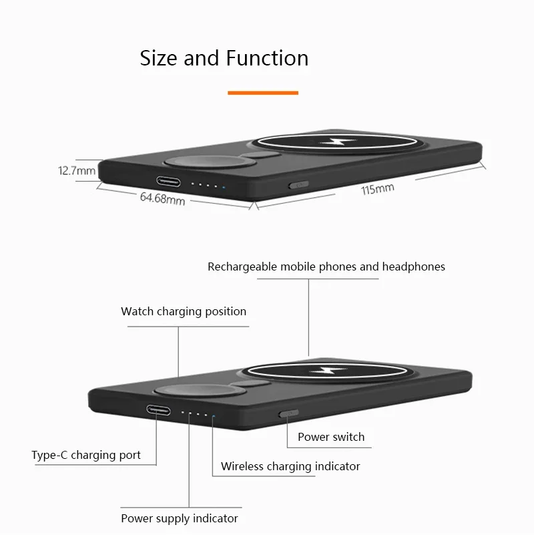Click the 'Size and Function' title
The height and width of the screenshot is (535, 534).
(x=224, y=59)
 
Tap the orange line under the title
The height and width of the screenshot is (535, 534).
(x=262, y=93)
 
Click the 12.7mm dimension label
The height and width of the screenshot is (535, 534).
(x=77, y=171)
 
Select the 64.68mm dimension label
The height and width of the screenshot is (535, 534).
(x=162, y=198)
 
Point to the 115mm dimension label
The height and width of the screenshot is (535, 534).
(x=377, y=189)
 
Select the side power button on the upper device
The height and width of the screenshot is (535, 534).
(x=298, y=186)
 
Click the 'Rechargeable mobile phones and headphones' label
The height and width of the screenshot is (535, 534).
(x=326, y=266)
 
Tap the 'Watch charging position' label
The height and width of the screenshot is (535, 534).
(x=184, y=311)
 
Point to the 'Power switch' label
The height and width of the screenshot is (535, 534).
(x=331, y=437)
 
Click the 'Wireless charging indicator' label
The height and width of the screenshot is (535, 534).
(x=290, y=466)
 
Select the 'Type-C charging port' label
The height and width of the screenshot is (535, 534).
(x=86, y=456)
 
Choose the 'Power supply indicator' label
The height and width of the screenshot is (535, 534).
(x=179, y=518)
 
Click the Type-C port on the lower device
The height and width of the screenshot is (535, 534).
(x=159, y=410)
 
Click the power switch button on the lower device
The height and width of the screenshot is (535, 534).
(x=288, y=414)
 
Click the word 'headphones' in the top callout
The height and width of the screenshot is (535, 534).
(x=413, y=266)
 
